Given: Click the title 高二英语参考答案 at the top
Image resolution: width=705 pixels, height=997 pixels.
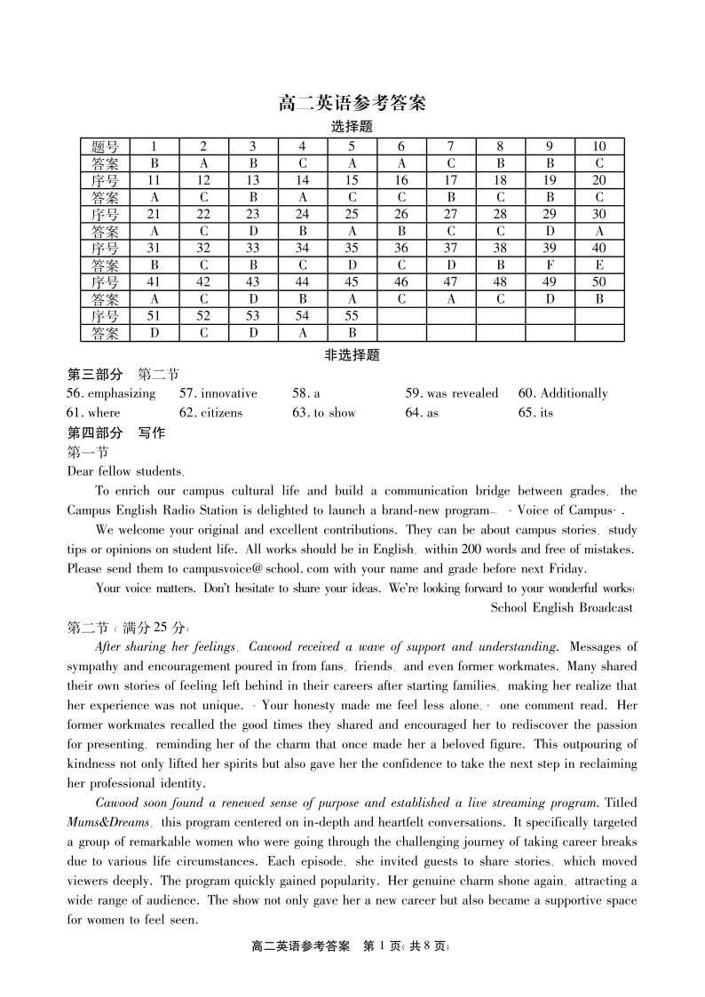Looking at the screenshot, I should coord(352,103).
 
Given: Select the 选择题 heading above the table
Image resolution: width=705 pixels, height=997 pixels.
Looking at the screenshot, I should coord(352,127).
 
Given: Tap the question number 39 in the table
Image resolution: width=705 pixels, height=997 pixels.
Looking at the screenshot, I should coord(550,249).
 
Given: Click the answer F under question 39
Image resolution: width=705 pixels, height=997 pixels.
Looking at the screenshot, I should coord(550,265).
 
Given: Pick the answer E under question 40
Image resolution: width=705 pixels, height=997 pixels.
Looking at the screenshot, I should coord(599,265).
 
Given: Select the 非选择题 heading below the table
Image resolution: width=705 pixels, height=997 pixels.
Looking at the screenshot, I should coord(352,356).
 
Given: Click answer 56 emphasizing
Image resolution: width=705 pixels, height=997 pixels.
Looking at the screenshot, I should coord(111,393).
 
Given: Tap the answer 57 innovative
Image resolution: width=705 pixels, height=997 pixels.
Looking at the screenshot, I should coord(218,393).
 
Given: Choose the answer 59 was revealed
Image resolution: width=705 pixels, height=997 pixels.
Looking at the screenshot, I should coord(452,393).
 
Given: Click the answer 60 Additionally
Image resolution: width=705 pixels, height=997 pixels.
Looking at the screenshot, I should coord(563,393).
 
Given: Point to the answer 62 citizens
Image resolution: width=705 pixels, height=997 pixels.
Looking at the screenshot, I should coord(210,413).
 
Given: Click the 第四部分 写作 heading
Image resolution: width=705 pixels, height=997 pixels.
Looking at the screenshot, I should coord(116,433).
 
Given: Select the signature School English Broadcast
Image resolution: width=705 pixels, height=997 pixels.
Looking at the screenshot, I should coord(561,608).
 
